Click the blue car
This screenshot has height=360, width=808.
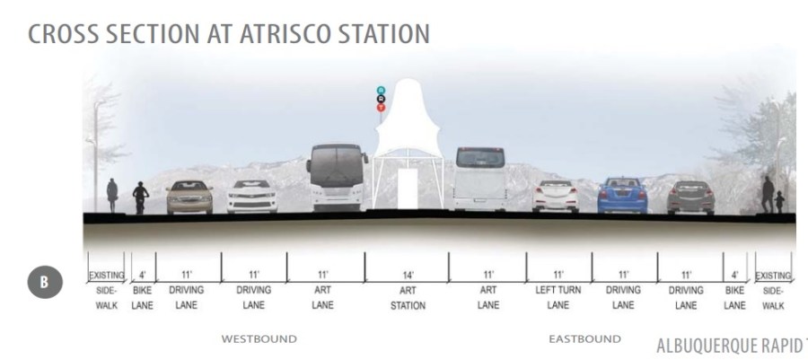click(621, 195)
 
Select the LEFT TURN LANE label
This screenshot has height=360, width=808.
click(558, 298)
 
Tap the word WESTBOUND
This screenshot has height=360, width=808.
click(259, 339)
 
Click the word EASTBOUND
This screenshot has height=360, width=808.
click(584, 339)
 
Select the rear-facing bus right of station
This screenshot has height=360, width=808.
click(480, 179)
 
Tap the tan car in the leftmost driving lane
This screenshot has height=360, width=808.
click(189, 197)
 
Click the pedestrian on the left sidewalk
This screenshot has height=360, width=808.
click(112, 196)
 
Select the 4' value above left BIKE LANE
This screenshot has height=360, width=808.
click(142, 275)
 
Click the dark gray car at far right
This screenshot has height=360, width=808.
click(690, 197)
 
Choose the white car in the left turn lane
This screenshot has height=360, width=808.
click(555, 196)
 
